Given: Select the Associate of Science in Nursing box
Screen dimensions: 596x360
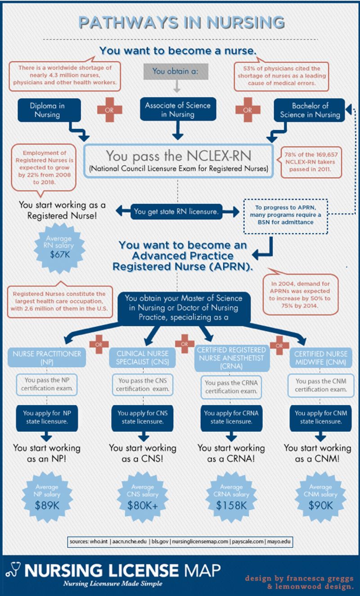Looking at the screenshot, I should coord(177,110).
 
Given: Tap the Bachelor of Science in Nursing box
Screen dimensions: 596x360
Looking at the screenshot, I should coord(310,110).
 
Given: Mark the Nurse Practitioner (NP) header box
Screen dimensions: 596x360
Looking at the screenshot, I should coord(47,357).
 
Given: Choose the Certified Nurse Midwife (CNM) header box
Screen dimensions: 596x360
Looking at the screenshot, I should coord(320,357).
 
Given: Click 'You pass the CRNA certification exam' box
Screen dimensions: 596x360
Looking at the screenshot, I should coord(231,387).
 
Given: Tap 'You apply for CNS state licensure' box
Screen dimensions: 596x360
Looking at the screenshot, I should coord(142,417).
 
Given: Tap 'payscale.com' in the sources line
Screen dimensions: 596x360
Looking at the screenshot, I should coord(247,542).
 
